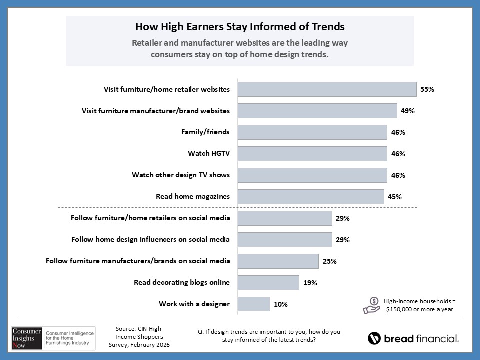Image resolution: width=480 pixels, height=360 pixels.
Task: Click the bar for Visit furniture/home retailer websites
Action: click(x=327, y=89)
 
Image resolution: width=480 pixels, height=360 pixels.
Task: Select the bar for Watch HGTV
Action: click(x=312, y=154)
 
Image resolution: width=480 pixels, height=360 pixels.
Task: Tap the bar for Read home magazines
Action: click(x=310, y=197)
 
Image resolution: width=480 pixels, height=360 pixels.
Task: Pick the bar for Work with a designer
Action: click(x=254, y=304)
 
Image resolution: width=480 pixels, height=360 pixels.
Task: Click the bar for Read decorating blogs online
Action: click(x=268, y=282)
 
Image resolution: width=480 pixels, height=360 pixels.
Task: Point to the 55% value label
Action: click(x=427, y=90)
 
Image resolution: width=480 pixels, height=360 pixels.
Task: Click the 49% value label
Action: click(x=408, y=111)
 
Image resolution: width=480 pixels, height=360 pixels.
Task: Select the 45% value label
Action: click(x=395, y=197)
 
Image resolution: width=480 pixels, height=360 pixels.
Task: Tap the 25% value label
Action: click(x=329, y=261)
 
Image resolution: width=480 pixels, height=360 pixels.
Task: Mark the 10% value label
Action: click(x=281, y=304)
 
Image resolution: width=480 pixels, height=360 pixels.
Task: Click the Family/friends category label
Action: click(x=205, y=132)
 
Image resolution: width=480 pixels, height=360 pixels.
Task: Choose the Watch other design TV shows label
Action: click(x=181, y=175)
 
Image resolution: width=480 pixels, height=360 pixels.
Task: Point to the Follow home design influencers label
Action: click(x=151, y=239)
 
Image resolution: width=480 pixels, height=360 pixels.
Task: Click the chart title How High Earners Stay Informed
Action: click(x=240, y=26)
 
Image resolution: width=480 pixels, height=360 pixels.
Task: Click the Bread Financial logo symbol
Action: click(x=374, y=338)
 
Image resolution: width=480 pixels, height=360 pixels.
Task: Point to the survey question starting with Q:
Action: click(x=269, y=335)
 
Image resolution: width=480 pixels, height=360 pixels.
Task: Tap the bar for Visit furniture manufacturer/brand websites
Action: click(x=317, y=111)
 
